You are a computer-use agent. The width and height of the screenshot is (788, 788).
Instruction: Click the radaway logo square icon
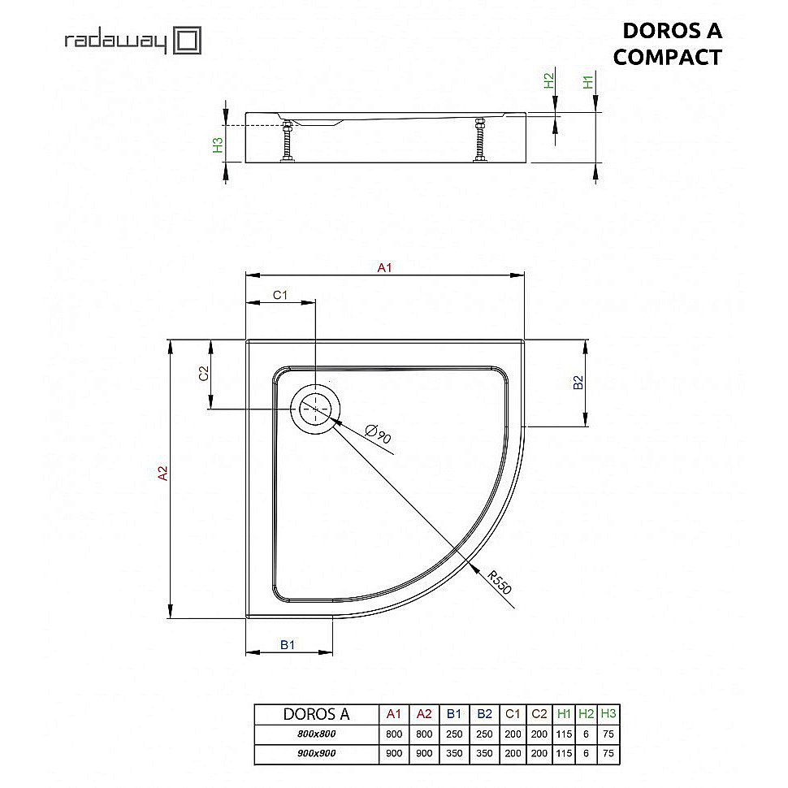(188, 41)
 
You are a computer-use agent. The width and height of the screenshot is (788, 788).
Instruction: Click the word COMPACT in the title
(667, 57)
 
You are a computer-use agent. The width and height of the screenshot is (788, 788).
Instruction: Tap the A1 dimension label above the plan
(385, 268)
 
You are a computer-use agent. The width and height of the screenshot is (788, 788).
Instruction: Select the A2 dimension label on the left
(163, 473)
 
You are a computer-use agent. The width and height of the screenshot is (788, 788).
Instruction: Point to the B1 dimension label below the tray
(288, 644)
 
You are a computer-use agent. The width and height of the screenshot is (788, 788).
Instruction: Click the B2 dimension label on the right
(578, 383)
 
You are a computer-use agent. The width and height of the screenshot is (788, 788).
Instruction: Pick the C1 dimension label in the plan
(279, 295)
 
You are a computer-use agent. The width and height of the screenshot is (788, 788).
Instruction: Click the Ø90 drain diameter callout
(378, 434)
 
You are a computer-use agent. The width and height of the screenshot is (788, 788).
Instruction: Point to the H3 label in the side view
(217, 145)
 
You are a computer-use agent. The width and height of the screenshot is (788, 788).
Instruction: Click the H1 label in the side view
(588, 81)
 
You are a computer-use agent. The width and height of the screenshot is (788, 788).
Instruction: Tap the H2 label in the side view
(549, 81)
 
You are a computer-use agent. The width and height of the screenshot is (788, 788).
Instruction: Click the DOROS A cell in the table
(316, 714)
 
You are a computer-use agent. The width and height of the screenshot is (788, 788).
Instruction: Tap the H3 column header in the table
(608, 714)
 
